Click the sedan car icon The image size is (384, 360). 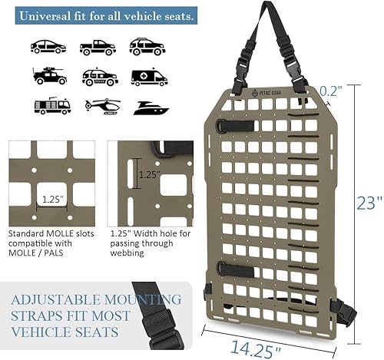(x=48, y=47)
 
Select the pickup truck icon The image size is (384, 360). (x=98, y=47)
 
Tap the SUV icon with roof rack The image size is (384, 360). (x=147, y=47)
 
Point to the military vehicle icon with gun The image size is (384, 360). (x=48, y=75)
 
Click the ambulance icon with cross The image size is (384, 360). (x=148, y=77)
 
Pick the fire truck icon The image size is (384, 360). (x=51, y=106)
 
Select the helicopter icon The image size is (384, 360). (x=101, y=106)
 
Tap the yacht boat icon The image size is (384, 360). (x=151, y=107)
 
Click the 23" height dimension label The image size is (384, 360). (x=369, y=203)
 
